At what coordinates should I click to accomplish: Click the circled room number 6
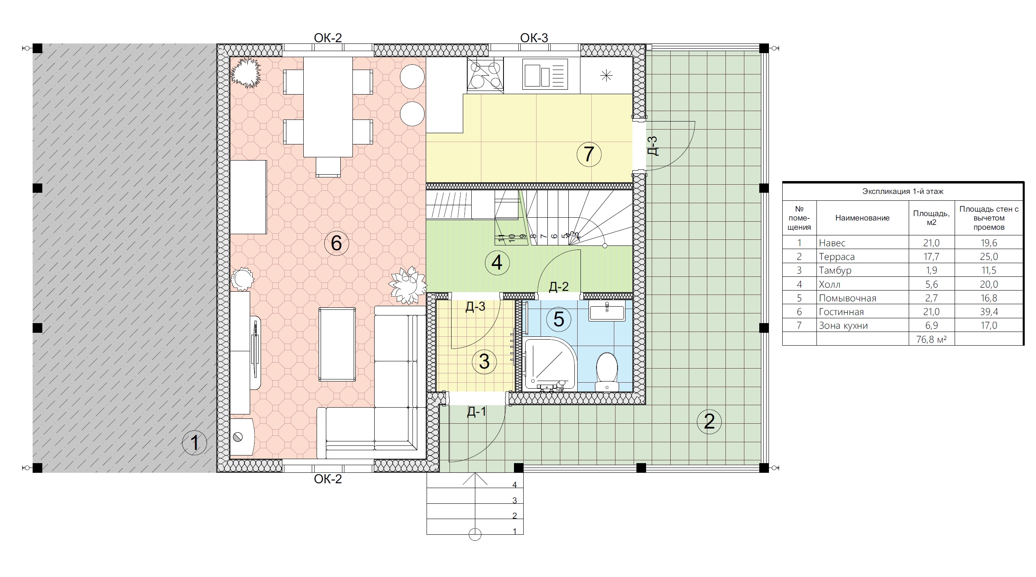coord(336,243)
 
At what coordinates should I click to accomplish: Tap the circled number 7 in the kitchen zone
coord(589,154)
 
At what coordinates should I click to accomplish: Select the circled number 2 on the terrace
coord(709,421)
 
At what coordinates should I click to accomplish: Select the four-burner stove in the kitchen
coord(485,76)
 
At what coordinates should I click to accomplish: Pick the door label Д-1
coord(477,412)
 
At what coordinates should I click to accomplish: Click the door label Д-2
coord(559,286)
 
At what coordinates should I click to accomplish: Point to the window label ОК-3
coord(534,38)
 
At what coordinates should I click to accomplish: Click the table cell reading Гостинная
coord(841,312)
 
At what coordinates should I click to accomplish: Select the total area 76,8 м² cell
coord(931,339)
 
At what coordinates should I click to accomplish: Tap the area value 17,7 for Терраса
coord(931,257)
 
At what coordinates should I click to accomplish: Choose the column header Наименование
coord(862,218)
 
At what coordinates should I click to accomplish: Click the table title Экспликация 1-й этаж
coord(903,192)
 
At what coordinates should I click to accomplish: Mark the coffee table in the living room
coord(337,344)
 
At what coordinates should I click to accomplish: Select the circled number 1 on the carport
coord(195,443)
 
